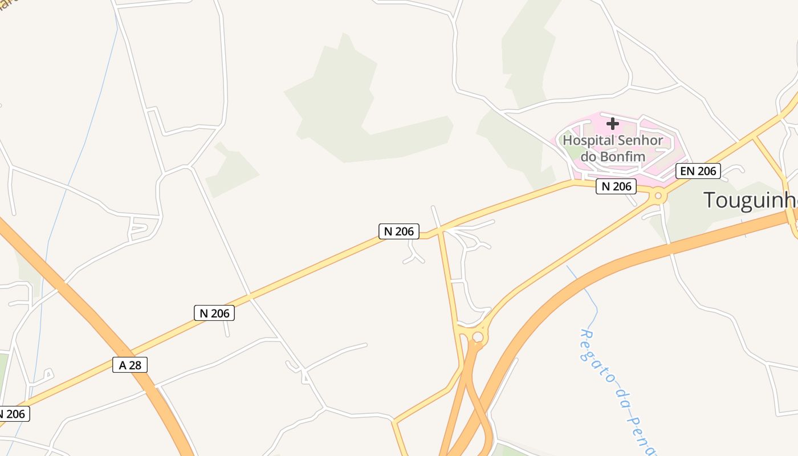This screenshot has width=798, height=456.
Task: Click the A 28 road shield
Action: (130, 365)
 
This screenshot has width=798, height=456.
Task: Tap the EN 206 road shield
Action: (698, 171)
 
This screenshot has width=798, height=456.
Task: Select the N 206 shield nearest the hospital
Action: (616, 186)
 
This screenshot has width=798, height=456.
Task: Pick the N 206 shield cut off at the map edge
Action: (13, 414)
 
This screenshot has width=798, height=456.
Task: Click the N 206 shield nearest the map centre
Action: (399, 231)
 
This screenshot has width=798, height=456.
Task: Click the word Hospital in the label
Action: (589, 141)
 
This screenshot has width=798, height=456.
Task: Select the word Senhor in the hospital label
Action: (640, 141)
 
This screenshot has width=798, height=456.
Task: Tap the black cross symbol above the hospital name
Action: (613, 124)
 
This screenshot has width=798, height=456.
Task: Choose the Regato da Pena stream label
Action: (618, 393)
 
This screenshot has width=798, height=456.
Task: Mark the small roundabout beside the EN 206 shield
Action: (658, 196)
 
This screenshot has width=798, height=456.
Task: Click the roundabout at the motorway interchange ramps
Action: (478, 337)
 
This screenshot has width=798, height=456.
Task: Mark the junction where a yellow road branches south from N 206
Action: (440, 231)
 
